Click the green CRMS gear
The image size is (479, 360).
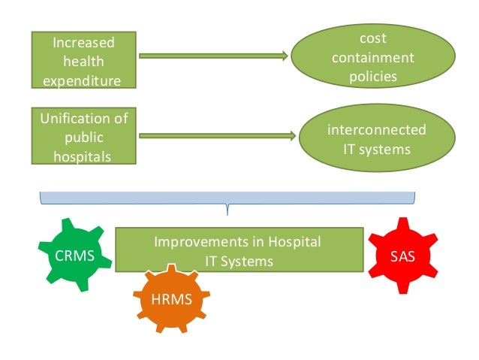[x=75, y=256]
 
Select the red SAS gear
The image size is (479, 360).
[x=402, y=256]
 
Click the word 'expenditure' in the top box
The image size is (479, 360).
[x=84, y=80]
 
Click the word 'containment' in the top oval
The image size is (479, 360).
[x=373, y=57]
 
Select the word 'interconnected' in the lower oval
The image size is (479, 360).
[x=376, y=130]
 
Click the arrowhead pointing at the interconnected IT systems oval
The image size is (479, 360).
[x=291, y=136]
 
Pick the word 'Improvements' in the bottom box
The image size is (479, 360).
[x=199, y=242]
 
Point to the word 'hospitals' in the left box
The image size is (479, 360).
[x=84, y=156]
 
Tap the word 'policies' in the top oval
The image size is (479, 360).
[x=373, y=75]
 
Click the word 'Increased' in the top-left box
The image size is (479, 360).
[x=84, y=44]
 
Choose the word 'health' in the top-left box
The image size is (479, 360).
[x=84, y=62]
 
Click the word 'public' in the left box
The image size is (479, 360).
[x=84, y=138]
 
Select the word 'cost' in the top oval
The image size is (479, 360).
[x=373, y=38]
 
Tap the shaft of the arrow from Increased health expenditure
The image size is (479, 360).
[x=210, y=56]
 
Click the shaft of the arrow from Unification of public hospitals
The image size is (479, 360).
[x=214, y=136]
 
